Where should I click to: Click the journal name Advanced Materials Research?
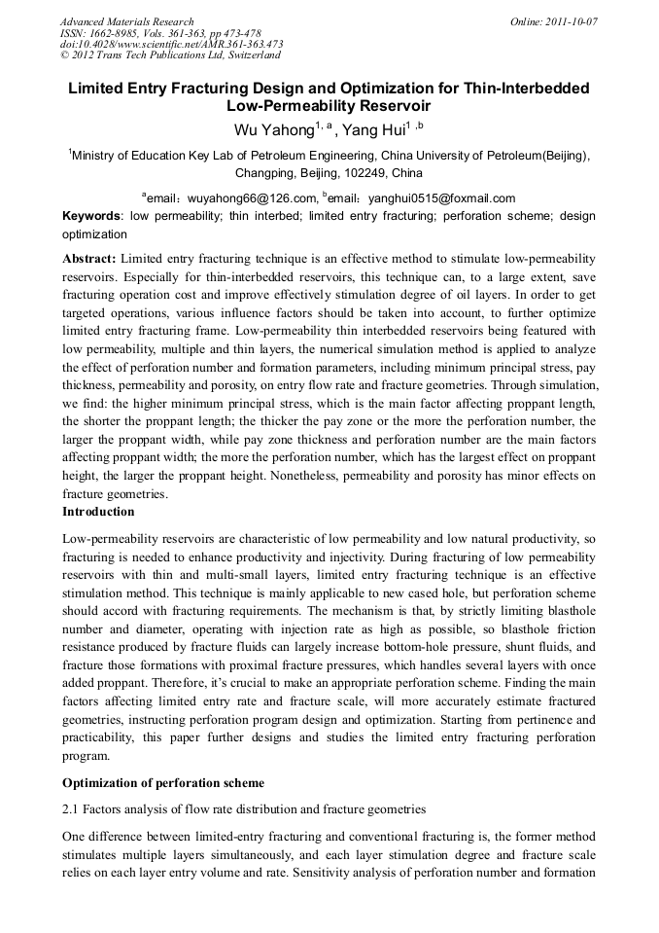coord(126,21)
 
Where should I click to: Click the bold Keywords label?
coord(91,216)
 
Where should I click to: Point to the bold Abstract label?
coord(88,259)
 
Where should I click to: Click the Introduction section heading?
coord(98,512)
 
